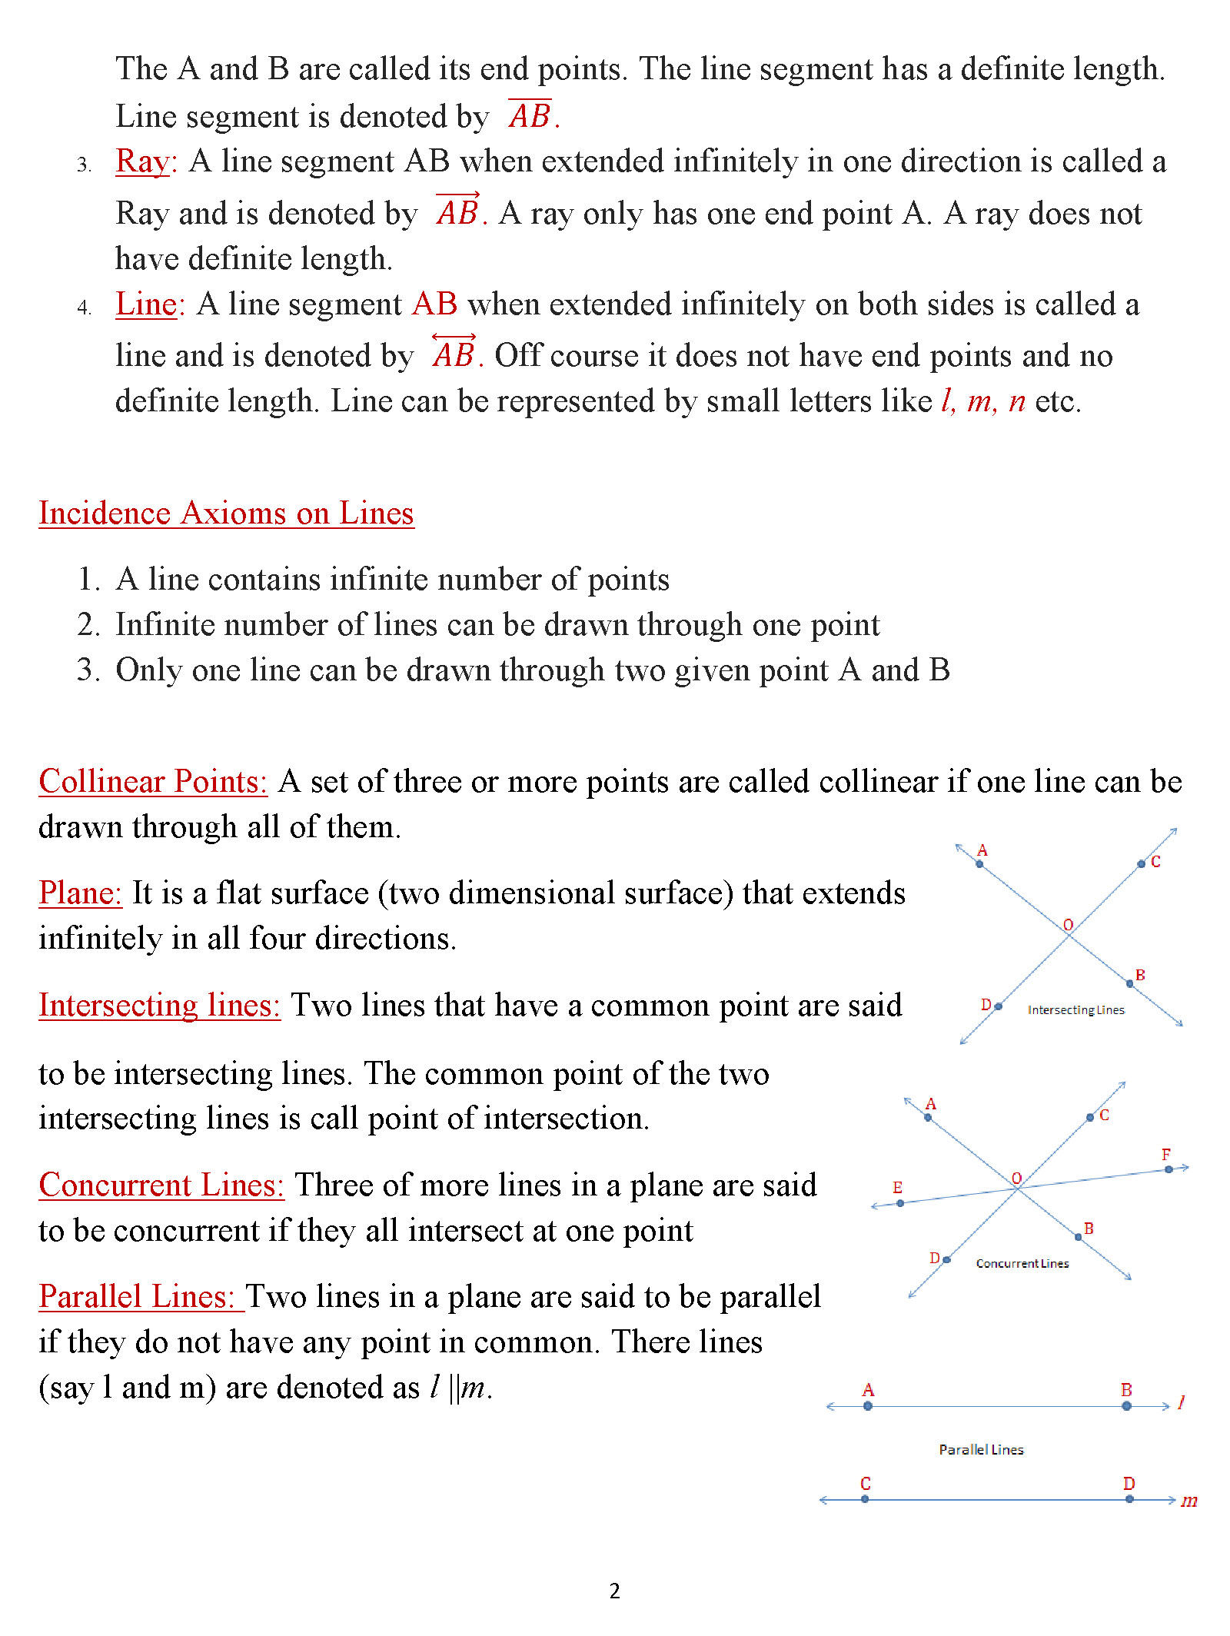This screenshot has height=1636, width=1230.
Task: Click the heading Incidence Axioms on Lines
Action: click(x=226, y=513)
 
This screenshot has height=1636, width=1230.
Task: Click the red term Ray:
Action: click(x=146, y=162)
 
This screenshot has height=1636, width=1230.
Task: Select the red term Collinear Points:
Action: click(x=152, y=781)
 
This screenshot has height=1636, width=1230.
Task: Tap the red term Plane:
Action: click(x=80, y=893)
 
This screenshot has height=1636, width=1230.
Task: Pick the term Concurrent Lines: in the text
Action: click(x=161, y=1185)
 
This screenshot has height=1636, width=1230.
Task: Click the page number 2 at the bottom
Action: click(x=614, y=1591)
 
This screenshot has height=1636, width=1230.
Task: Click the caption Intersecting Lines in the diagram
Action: click(x=1075, y=1010)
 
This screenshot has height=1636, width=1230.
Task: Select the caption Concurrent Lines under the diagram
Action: click(x=1022, y=1264)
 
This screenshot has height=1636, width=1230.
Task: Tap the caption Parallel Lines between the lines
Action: click(x=981, y=1450)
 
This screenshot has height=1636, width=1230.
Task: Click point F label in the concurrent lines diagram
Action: click(x=1166, y=1155)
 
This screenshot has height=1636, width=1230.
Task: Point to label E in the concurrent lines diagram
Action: click(x=897, y=1188)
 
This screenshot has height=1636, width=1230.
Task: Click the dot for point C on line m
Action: click(x=865, y=1499)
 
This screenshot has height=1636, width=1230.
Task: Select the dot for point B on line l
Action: click(x=1126, y=1406)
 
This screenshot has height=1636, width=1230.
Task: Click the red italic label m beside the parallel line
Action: click(x=1189, y=1501)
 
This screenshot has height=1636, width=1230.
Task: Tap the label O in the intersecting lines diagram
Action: click(x=1068, y=925)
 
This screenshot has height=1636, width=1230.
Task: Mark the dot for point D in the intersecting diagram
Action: click(x=998, y=1006)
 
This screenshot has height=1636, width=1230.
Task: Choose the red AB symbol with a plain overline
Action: click(x=530, y=115)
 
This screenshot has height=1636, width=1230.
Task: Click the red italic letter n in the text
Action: click(x=1016, y=401)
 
